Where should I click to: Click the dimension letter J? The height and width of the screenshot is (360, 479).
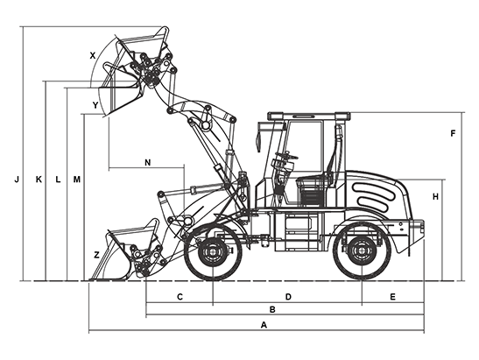coord(17,180)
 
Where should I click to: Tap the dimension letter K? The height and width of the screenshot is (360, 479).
coord(39,180)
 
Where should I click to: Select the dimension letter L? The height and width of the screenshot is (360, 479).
coord(58,180)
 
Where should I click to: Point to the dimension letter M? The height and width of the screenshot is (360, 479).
coord(77,180)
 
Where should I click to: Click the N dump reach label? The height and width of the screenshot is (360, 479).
coord(147,163)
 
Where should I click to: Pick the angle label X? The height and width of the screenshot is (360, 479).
coord(93,55)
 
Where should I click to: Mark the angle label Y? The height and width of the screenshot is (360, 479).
coord(95,105)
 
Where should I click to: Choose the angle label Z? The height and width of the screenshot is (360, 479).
coord(96,255)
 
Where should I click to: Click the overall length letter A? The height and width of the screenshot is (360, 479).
coord(264,325)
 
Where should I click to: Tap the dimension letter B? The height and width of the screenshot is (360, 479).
coord(272,309)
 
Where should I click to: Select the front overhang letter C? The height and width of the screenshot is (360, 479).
coord(180,297)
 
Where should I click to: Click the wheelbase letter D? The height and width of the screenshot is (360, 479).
coord(288,297)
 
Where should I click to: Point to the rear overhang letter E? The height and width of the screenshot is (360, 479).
coord(393,297)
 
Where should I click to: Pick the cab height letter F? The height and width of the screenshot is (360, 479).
coord(453,133)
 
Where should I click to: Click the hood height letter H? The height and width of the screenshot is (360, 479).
coord(435,197)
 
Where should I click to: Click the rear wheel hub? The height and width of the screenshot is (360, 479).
coord(362,251)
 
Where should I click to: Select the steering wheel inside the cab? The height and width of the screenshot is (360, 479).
coord(286,156)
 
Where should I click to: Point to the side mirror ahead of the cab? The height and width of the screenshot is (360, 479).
coord(258,139)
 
